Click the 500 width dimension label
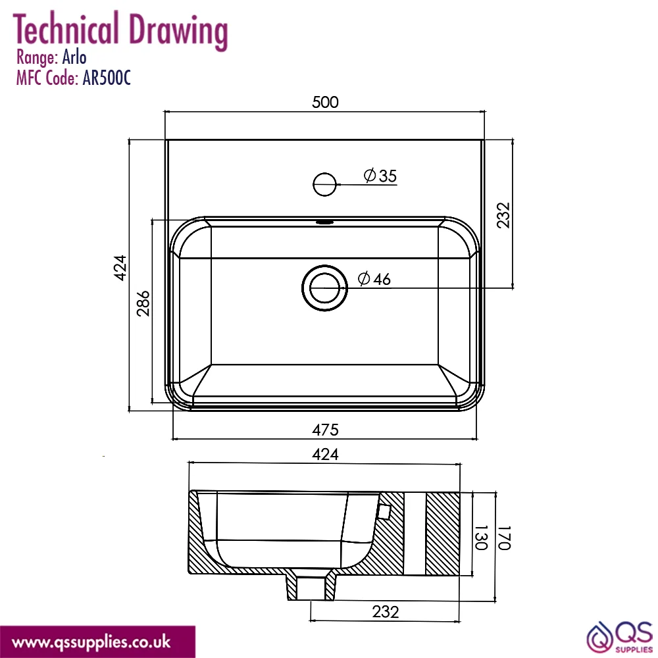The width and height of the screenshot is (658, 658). (x=325, y=102)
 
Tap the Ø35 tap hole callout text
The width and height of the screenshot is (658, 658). (x=380, y=176)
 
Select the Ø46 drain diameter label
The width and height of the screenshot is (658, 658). (x=374, y=278)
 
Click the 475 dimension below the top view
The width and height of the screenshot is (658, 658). (x=325, y=430)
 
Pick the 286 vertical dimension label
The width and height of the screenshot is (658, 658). (x=143, y=303)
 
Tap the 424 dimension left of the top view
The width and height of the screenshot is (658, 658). (x=120, y=268)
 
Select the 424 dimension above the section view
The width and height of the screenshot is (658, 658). (x=325, y=454)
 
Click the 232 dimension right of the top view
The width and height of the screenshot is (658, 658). (x=503, y=215)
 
